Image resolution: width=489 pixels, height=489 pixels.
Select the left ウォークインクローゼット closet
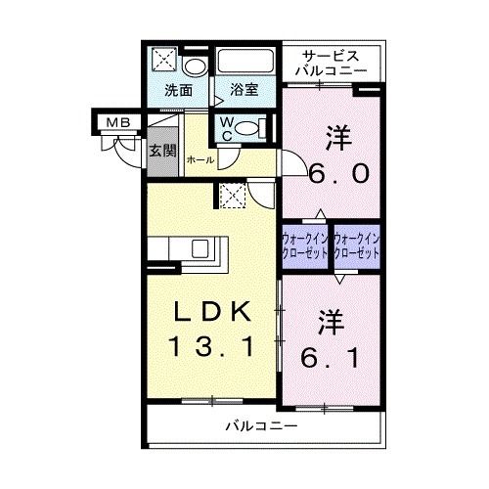tap(305, 244)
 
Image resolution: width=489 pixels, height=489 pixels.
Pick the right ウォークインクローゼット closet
tap(355, 244)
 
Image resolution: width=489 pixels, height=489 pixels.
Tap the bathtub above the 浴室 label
tap(245, 62)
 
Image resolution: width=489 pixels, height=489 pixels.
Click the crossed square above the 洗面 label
tap(162, 61)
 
